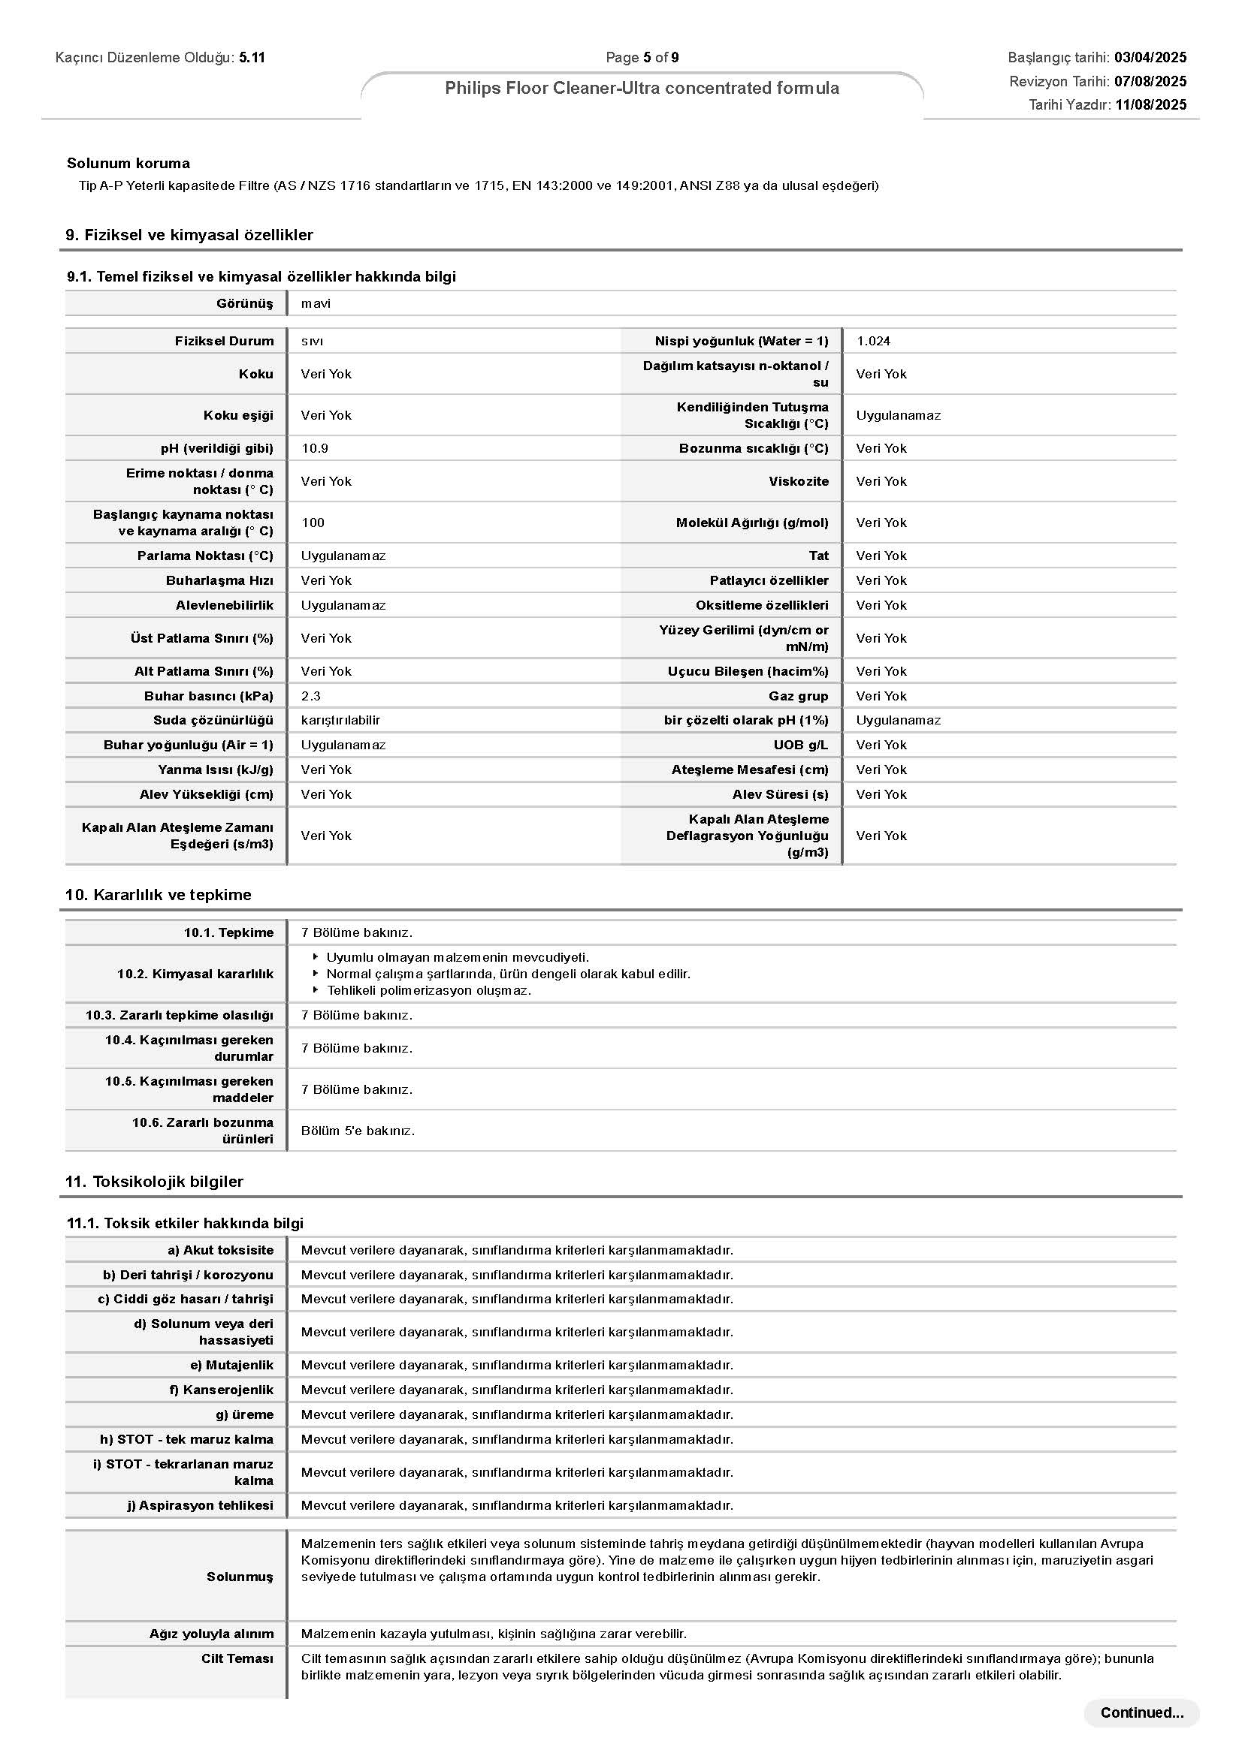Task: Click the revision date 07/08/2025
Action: [1150, 81]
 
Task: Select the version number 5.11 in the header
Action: [252, 57]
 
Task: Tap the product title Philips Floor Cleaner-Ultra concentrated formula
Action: [641, 88]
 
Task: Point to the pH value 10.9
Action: [315, 448]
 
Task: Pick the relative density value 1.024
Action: [873, 341]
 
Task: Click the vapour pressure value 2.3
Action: [311, 696]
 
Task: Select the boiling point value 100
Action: [313, 523]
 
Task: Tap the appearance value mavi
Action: [316, 303]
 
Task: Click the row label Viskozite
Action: [798, 481]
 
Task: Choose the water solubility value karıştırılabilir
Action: [340, 721]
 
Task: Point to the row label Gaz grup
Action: [798, 696]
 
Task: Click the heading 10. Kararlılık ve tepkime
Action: [159, 895]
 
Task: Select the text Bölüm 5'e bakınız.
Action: [358, 1131]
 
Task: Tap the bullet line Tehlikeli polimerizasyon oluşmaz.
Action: [428, 990]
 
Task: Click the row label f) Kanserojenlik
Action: [221, 1390]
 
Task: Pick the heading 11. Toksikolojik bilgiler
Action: [155, 1182]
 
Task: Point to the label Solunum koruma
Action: [128, 163]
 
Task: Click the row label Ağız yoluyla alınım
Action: [211, 1634]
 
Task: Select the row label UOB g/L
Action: [800, 745]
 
